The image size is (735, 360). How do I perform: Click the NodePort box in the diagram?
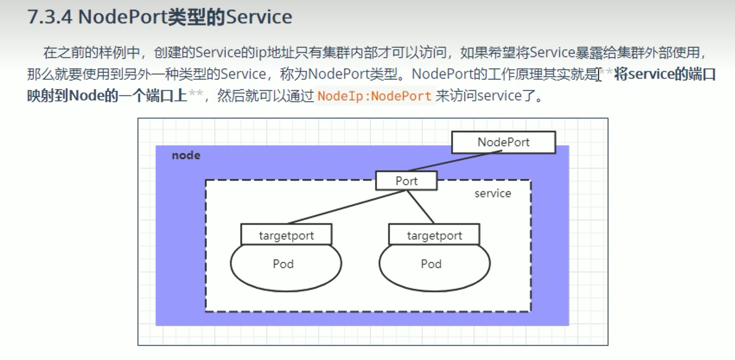(503, 142)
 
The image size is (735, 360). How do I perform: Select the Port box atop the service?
(406, 181)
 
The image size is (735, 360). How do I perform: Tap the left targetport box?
(286, 235)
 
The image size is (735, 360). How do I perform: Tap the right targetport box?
(434, 235)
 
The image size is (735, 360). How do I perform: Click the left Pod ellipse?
(283, 270)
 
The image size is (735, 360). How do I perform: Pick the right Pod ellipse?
(431, 270)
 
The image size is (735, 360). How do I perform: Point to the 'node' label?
(186, 155)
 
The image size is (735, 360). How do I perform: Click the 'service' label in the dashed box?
(493, 194)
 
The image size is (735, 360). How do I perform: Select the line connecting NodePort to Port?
(454, 161)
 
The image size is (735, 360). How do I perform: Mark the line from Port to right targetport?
(421, 207)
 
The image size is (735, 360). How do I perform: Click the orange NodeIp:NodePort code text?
(374, 96)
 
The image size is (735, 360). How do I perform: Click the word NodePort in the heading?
(123, 17)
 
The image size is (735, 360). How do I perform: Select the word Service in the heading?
(259, 17)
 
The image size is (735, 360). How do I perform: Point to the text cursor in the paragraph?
(599, 74)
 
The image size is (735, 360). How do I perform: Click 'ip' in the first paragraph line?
(260, 53)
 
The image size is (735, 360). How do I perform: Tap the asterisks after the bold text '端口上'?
(195, 94)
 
